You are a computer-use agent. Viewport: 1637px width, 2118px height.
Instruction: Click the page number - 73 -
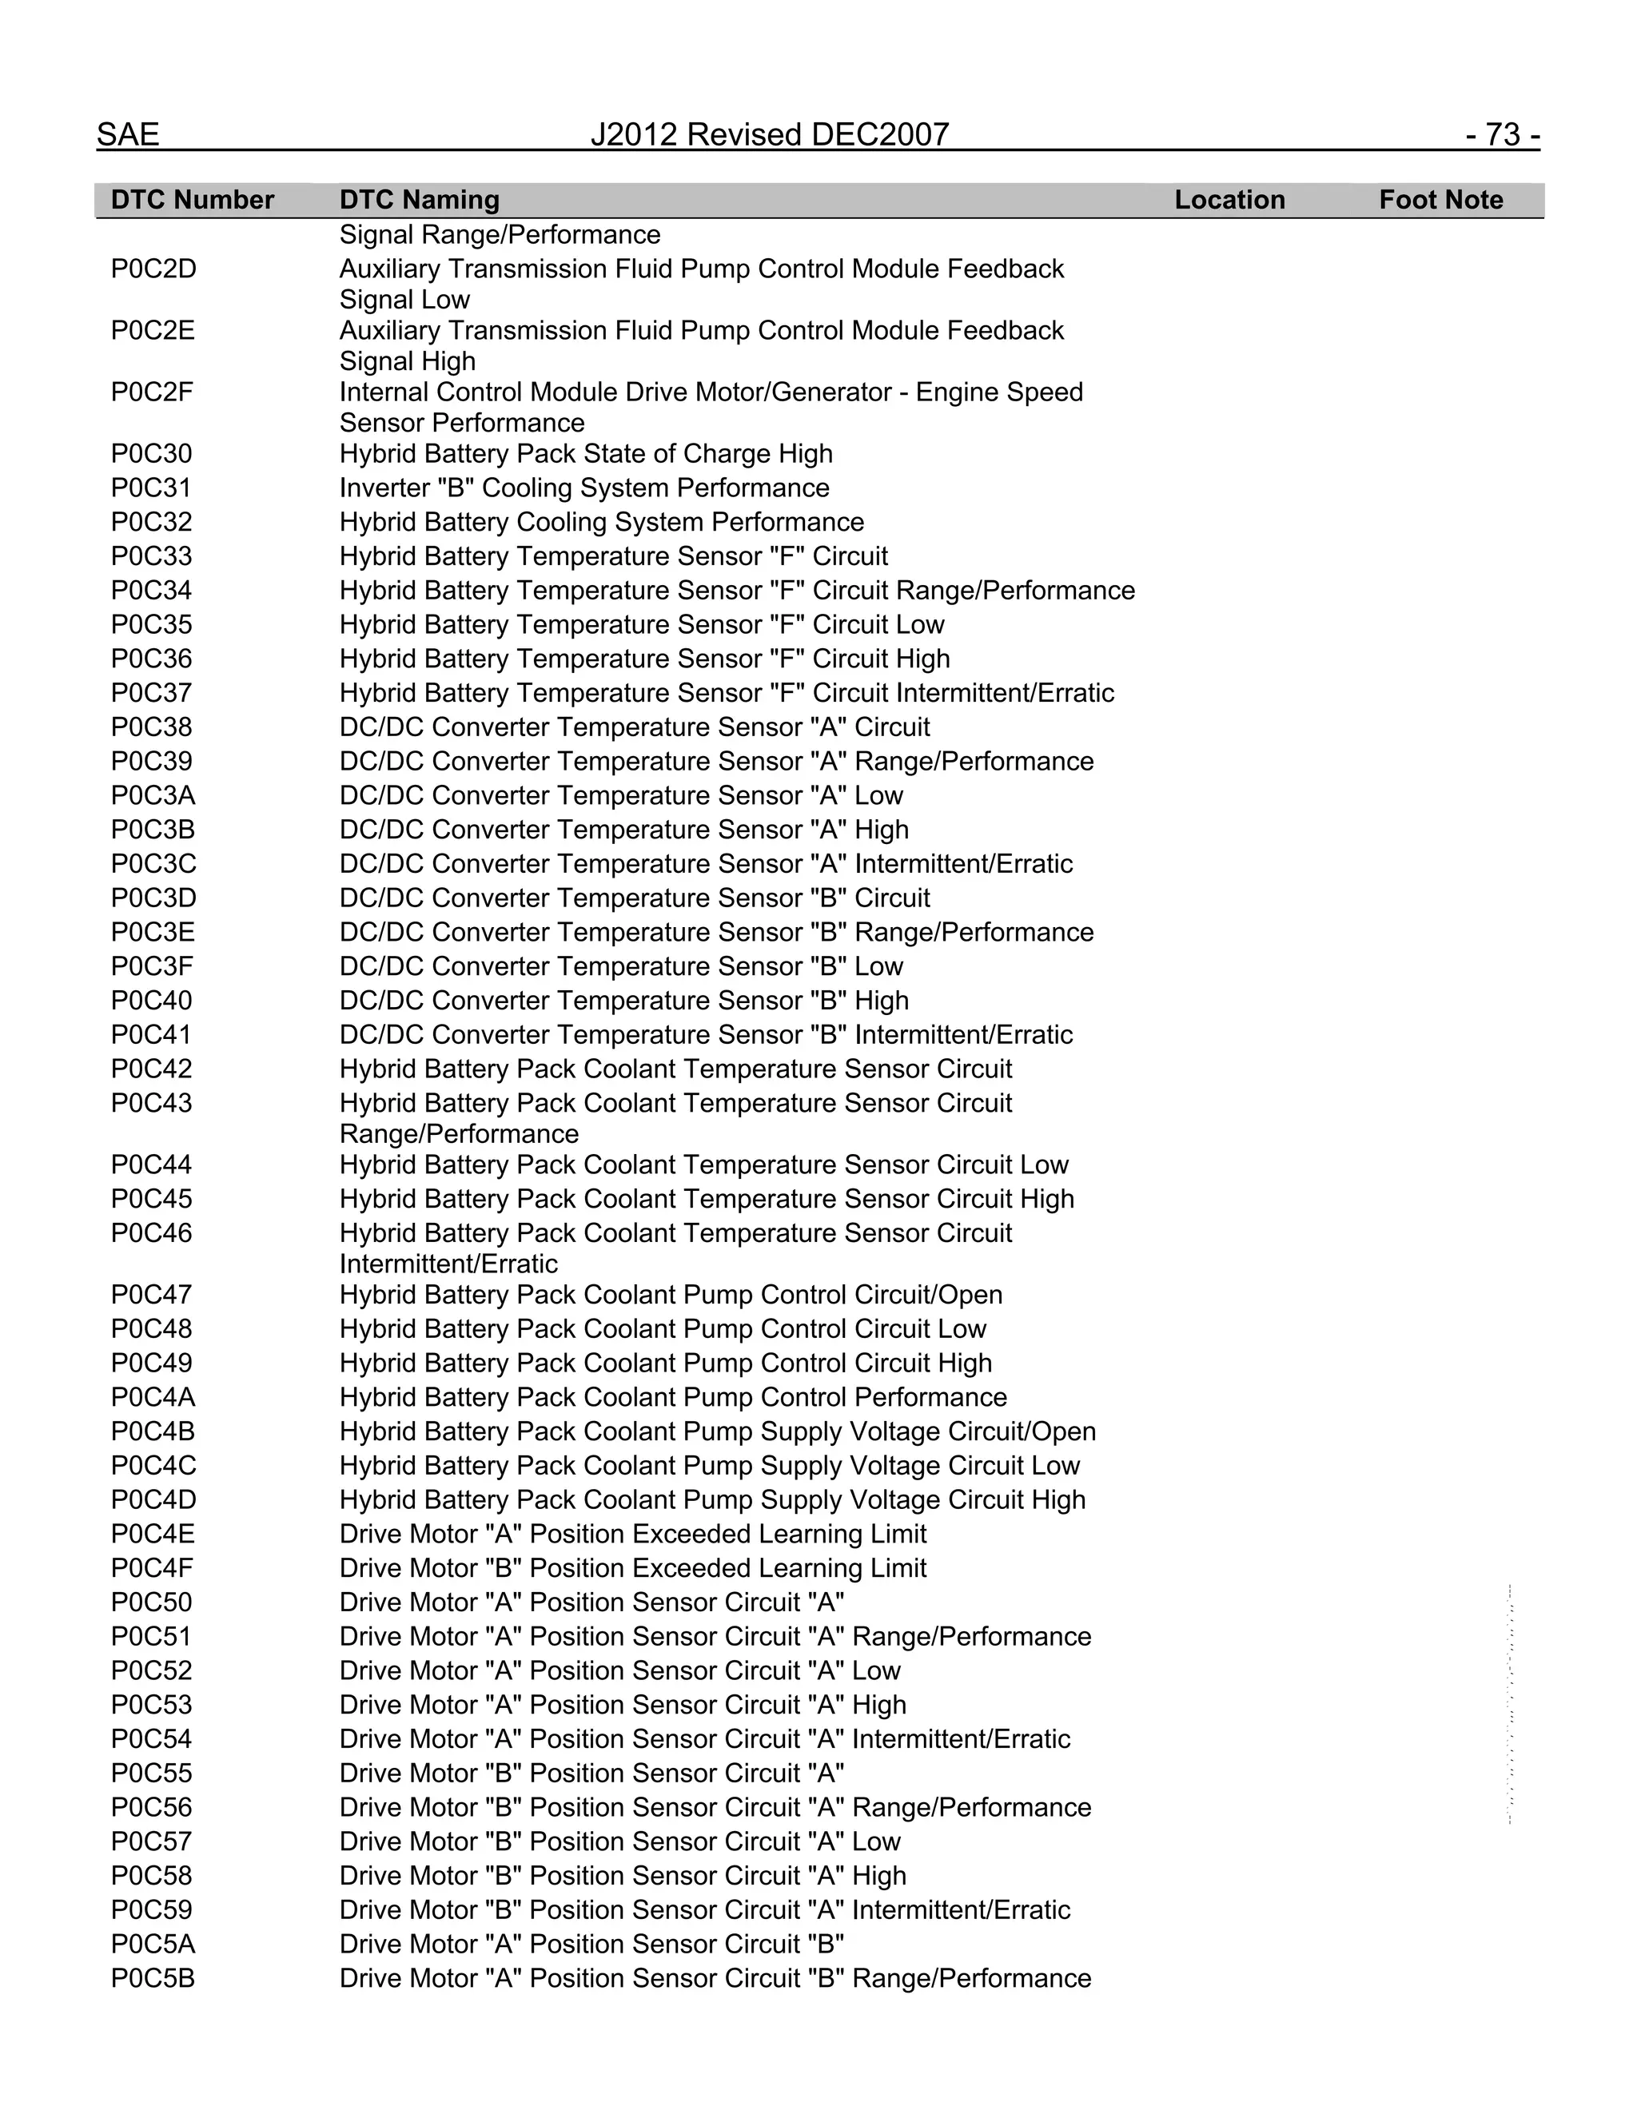1502,135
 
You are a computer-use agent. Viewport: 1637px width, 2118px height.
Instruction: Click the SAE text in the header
128,135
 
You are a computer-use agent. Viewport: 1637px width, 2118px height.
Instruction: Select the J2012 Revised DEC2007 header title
769,135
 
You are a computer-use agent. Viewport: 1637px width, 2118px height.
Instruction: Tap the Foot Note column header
1440,200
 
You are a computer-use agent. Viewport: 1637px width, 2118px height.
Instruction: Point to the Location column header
1229,200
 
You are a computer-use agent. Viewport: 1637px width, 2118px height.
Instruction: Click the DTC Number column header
192,200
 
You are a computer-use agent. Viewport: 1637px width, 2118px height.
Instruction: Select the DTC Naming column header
419,200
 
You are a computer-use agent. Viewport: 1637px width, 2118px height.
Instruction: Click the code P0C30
151,454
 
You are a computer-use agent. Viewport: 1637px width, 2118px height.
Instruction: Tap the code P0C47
151,1295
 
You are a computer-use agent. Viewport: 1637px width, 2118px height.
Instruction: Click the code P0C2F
151,392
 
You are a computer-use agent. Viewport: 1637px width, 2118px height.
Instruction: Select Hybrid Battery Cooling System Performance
601,522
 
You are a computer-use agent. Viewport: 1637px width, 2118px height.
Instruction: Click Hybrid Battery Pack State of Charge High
586,454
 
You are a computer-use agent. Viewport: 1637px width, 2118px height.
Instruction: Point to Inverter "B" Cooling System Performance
584,488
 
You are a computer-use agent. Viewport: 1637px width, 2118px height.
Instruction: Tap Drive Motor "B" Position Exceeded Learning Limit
632,1568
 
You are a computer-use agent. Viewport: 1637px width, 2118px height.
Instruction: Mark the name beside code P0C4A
673,1397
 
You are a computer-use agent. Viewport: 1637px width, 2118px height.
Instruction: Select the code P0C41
151,1035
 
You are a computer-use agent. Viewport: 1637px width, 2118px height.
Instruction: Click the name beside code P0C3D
634,898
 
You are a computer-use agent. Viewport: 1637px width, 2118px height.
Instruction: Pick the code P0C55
151,1773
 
